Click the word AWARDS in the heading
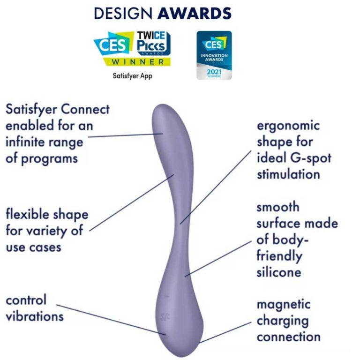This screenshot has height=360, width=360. click(x=195, y=13)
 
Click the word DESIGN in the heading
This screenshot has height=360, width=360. click(x=123, y=13)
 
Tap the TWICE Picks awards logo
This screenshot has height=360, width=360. click(x=154, y=44)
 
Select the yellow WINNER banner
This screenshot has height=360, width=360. click(x=137, y=62)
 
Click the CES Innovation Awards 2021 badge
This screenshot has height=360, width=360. click(x=214, y=55)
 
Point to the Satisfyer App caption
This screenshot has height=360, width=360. click(x=133, y=76)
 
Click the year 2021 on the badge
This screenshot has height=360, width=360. click(x=214, y=72)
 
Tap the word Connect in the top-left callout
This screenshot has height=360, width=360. click(x=85, y=109)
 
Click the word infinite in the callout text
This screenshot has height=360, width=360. click(x=25, y=142)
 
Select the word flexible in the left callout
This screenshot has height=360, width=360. click(x=27, y=214)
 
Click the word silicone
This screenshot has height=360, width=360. click(x=279, y=272)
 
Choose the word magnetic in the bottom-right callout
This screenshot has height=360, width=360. click(x=284, y=305)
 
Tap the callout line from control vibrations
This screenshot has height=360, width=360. click(x=111, y=320)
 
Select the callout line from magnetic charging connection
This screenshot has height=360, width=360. click(x=225, y=332)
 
